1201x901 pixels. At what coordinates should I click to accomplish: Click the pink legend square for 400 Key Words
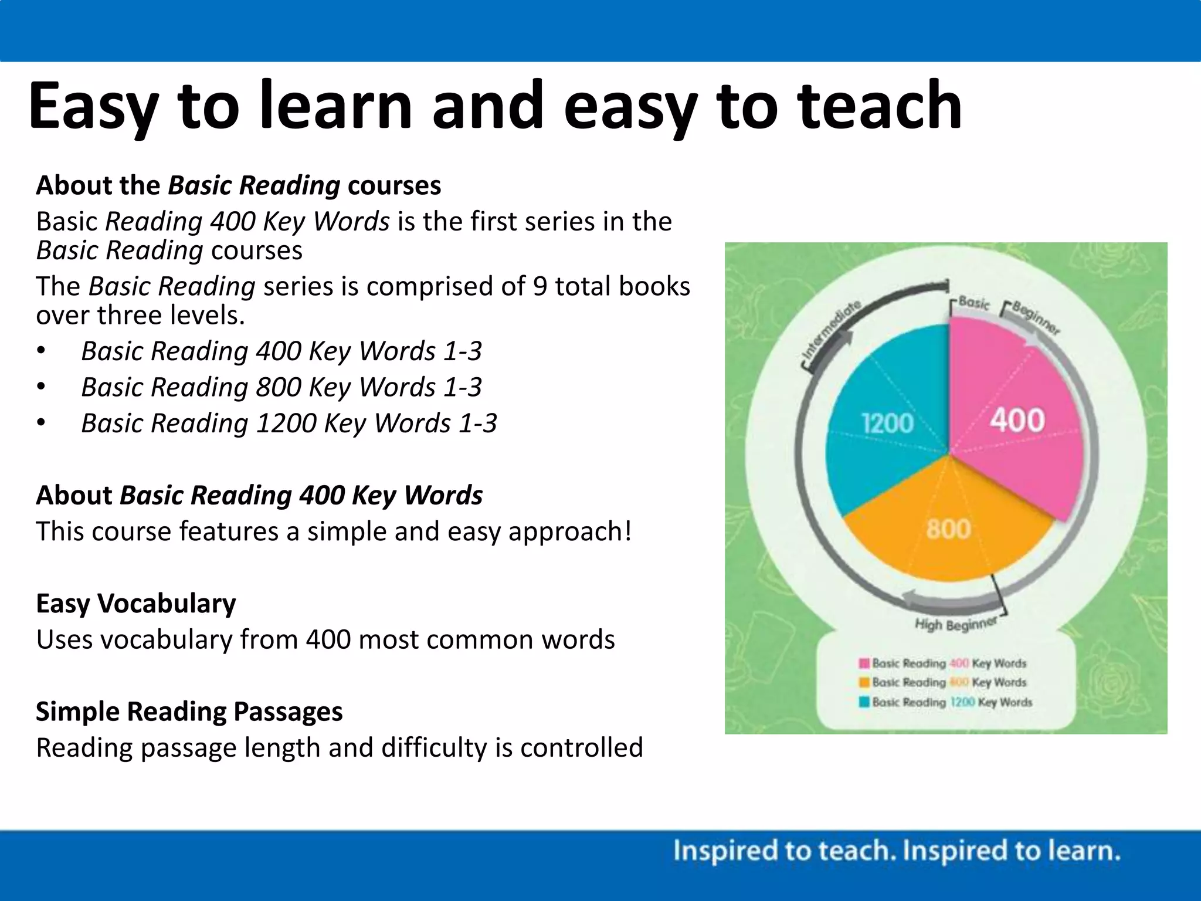click(x=864, y=663)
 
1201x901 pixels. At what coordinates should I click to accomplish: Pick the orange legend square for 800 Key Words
click(x=864, y=682)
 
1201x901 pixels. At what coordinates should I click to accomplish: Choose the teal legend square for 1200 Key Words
click(x=864, y=702)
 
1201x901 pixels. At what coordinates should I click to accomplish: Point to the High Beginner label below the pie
click(x=956, y=624)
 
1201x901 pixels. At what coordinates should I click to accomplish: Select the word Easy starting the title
click(x=94, y=107)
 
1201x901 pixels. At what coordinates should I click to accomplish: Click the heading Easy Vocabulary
click(x=135, y=603)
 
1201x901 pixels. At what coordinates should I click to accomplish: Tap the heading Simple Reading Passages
click(x=189, y=711)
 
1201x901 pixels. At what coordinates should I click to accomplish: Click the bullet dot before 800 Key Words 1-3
click(x=40, y=387)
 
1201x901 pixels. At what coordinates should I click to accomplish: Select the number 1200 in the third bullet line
click(x=286, y=423)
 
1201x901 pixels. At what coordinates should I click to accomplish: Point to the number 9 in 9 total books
click(x=540, y=286)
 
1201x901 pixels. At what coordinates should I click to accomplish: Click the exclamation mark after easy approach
click(x=628, y=531)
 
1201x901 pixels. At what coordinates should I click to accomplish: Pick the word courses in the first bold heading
click(x=394, y=185)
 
